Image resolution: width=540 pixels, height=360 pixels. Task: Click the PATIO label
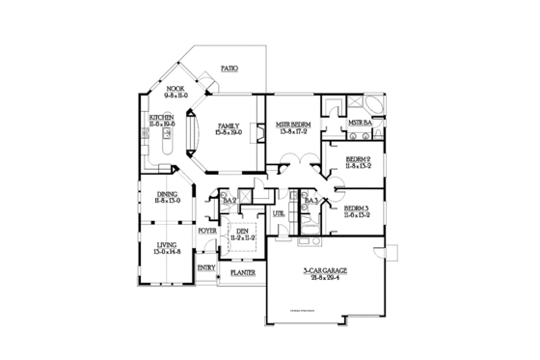pos(229,69)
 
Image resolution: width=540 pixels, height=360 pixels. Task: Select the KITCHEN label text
pos(161,117)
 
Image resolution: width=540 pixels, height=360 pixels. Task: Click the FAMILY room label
pos(229,126)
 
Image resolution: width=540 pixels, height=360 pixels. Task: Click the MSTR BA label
pos(360,124)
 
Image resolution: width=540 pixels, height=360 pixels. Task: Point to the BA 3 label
pos(311,201)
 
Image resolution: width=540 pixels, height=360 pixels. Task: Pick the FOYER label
pos(207,232)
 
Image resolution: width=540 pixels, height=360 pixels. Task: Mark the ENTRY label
pos(206,267)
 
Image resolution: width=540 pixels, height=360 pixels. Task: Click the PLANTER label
pos(242,273)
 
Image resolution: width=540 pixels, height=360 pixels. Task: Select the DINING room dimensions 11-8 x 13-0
pos(168,201)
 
